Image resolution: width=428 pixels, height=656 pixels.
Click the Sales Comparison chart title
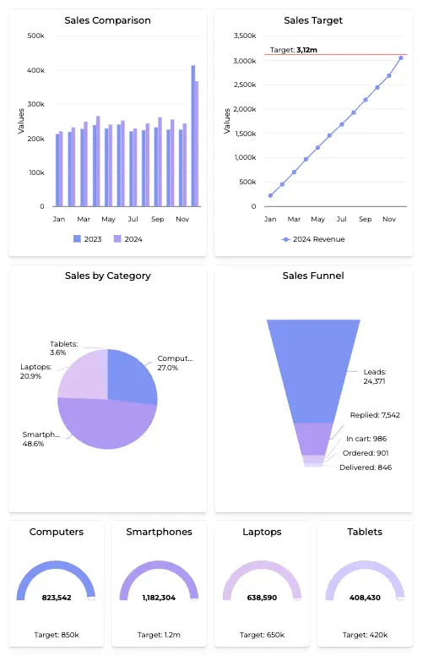pos(107,20)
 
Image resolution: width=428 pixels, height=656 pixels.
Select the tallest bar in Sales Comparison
pos(193,135)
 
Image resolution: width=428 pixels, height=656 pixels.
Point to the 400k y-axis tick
pos(36,70)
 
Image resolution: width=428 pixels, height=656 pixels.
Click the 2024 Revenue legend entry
pos(313,239)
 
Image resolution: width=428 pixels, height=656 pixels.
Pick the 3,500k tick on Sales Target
pos(244,36)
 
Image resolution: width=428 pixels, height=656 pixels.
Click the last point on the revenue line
pos(401,58)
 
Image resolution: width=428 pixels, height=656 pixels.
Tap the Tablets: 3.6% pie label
pos(63,348)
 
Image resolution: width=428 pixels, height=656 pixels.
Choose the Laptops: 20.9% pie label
pos(36,371)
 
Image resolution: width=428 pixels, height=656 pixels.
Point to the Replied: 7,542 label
pos(375,415)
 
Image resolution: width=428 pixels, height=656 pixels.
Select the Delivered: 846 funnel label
pos(365,467)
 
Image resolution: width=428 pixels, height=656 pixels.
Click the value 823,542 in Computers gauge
pos(57,598)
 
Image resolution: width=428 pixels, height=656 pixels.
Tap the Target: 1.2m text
pos(160,634)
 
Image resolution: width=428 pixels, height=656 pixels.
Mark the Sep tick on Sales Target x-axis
pos(366,219)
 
